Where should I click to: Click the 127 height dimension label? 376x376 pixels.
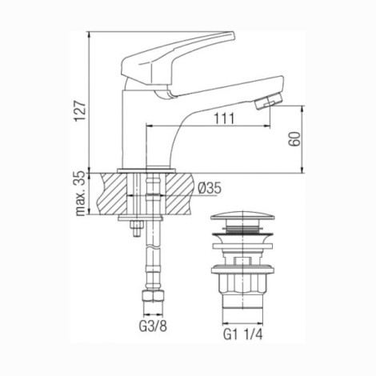click(x=80, y=111)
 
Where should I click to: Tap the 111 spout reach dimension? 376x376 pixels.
click(x=224, y=118)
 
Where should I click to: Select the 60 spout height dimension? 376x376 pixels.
click(x=294, y=138)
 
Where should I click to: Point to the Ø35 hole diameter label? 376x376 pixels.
click(x=210, y=188)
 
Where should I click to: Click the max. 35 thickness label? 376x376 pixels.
click(x=81, y=194)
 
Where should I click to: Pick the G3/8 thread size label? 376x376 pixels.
click(x=153, y=326)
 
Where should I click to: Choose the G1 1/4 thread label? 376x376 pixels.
click(x=242, y=334)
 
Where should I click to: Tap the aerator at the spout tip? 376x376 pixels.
click(x=268, y=101)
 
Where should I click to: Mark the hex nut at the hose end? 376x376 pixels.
click(x=153, y=295)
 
